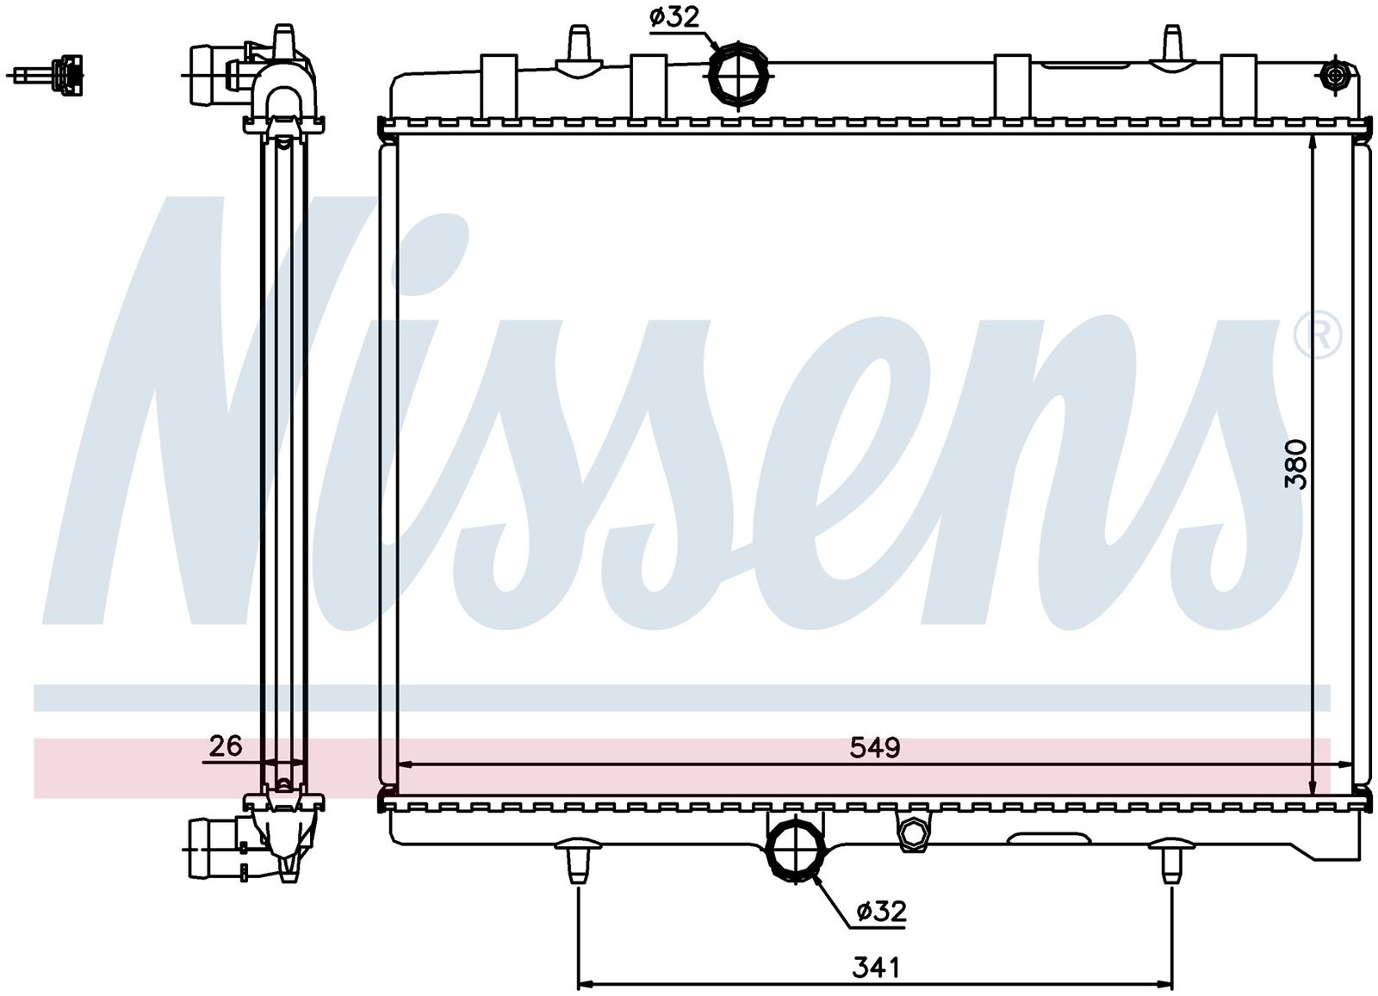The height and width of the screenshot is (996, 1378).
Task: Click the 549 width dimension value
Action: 875,747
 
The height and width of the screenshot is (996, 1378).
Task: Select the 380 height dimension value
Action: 1294,464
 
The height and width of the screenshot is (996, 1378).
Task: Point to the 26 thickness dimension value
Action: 226,746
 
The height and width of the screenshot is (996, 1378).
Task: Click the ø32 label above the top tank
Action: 674,18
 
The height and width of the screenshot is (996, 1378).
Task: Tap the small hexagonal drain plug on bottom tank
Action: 914,833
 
